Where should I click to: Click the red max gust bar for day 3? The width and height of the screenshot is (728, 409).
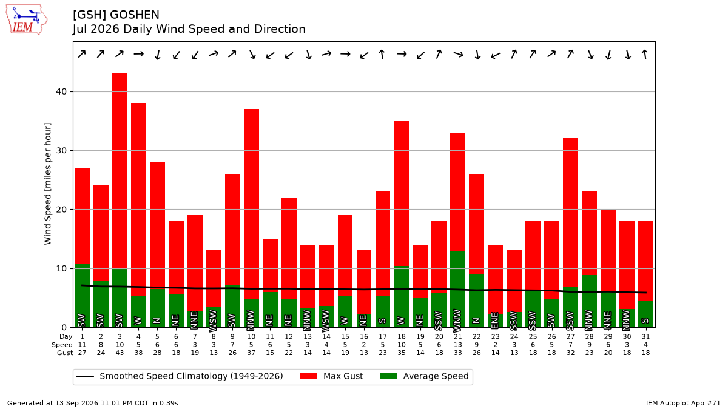(x=120, y=171)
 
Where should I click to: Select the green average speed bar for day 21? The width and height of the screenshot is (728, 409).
(x=457, y=289)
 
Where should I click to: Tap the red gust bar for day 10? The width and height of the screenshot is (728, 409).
(x=251, y=204)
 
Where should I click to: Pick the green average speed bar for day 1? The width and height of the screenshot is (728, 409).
(x=83, y=296)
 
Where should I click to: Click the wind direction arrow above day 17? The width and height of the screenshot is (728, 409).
(x=383, y=54)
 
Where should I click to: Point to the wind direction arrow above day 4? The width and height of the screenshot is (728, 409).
(x=138, y=54)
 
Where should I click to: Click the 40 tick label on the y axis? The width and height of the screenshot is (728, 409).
(x=61, y=91)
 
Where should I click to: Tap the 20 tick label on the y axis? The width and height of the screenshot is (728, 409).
(x=61, y=210)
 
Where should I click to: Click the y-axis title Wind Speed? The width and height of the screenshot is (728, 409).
(x=47, y=184)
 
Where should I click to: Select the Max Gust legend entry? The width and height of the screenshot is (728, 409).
(x=331, y=376)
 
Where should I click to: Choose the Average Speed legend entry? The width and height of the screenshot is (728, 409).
(x=424, y=376)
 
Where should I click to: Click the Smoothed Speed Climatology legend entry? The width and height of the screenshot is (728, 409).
(x=180, y=376)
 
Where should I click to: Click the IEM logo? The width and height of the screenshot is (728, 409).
(x=27, y=20)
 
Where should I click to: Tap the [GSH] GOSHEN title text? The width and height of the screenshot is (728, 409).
(x=116, y=15)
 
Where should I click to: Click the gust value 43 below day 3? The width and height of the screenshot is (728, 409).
(x=120, y=353)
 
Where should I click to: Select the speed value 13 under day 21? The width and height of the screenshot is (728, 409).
(x=457, y=345)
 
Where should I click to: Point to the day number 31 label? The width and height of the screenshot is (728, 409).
(x=645, y=337)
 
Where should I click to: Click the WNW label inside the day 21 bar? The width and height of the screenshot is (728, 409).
(x=457, y=321)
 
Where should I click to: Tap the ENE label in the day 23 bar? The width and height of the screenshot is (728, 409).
(x=495, y=320)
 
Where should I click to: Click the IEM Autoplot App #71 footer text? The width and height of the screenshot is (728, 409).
(x=683, y=403)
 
